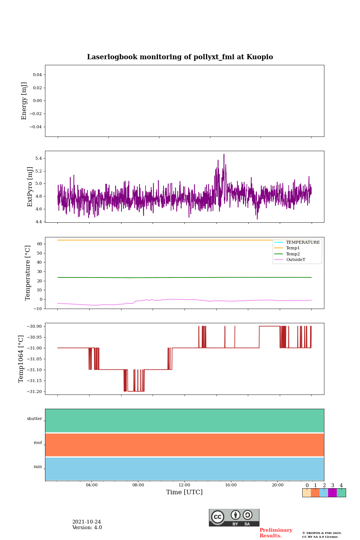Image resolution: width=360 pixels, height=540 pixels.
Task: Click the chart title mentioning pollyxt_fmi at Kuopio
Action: (180, 57)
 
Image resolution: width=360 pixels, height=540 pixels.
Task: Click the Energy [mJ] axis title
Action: (24, 101)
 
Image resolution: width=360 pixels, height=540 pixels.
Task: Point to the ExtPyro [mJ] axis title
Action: (30, 187)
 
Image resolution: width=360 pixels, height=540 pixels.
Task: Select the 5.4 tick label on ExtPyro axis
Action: (38, 159)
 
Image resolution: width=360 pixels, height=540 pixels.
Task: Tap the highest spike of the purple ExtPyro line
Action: (224, 154)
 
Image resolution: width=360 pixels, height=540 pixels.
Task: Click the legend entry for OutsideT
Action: (295, 260)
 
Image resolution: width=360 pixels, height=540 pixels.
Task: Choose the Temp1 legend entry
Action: (293, 248)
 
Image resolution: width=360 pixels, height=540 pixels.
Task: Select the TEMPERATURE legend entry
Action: (303, 243)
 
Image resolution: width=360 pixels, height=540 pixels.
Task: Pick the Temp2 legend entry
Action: (293, 254)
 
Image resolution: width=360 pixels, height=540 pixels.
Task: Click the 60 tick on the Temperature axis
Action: (39, 244)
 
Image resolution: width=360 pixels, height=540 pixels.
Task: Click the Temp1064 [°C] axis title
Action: (21, 359)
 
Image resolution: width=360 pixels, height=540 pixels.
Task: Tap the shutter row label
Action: (34, 419)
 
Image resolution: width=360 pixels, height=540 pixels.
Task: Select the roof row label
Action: (38, 443)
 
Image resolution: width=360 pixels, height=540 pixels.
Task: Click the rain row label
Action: (38, 467)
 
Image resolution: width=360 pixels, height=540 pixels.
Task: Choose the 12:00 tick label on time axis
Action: (184, 485)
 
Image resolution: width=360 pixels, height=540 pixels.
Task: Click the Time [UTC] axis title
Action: (184, 492)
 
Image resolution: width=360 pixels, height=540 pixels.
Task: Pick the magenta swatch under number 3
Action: (332, 493)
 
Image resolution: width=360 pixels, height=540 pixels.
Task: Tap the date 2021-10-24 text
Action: (87, 522)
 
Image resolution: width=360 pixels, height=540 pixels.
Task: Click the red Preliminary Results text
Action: (276, 533)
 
